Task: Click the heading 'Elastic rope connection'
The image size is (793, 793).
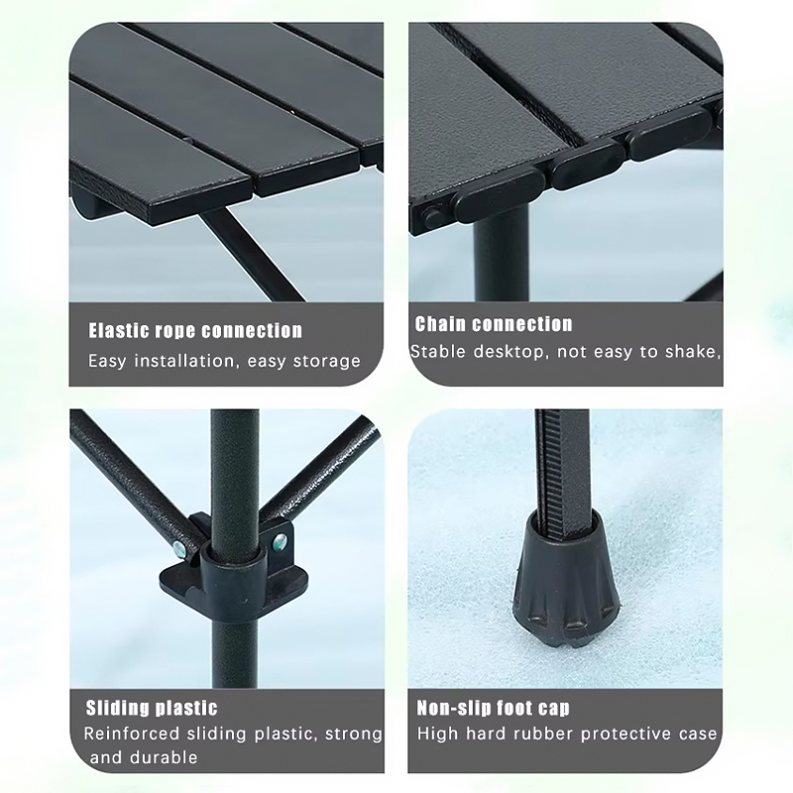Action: click(x=195, y=331)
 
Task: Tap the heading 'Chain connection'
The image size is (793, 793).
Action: click(x=494, y=324)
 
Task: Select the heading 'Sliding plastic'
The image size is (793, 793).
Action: click(x=152, y=708)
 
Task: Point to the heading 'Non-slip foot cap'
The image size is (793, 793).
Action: click(x=493, y=708)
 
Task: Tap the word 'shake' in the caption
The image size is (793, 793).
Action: click(x=692, y=352)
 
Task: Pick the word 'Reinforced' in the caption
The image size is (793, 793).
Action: click(x=132, y=734)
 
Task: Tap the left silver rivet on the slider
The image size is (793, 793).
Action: click(x=179, y=548)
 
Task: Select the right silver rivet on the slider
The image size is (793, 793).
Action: click(x=280, y=542)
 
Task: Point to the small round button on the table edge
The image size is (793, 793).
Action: click(x=432, y=217)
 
